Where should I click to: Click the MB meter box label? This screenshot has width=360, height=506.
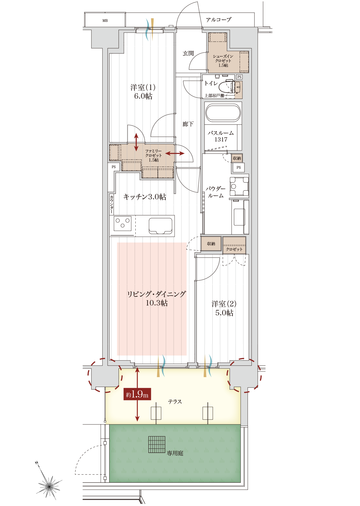click(x=105, y=21)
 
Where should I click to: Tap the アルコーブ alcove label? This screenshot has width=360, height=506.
click(x=218, y=20)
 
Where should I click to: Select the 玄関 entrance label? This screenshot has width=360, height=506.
click(x=188, y=53)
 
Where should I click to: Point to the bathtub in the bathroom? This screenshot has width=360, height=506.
click(x=223, y=113)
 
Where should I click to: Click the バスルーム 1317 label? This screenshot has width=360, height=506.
click(x=221, y=136)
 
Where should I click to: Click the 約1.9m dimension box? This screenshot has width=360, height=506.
click(x=137, y=394)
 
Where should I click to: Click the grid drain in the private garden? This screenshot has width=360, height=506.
click(x=157, y=444)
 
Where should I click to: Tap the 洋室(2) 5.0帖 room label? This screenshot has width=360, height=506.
click(x=224, y=308)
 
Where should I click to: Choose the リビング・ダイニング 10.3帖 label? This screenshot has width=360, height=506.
click(x=156, y=298)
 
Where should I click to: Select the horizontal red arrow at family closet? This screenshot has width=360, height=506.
click(x=175, y=153)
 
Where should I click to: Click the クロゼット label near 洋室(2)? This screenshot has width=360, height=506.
click(x=234, y=249)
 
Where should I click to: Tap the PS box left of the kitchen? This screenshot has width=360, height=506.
click(x=114, y=167)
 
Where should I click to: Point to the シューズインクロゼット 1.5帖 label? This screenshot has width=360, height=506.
click(x=223, y=61)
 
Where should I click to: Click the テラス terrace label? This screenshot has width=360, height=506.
click(x=175, y=401)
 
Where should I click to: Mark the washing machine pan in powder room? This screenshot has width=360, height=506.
click(x=239, y=186)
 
